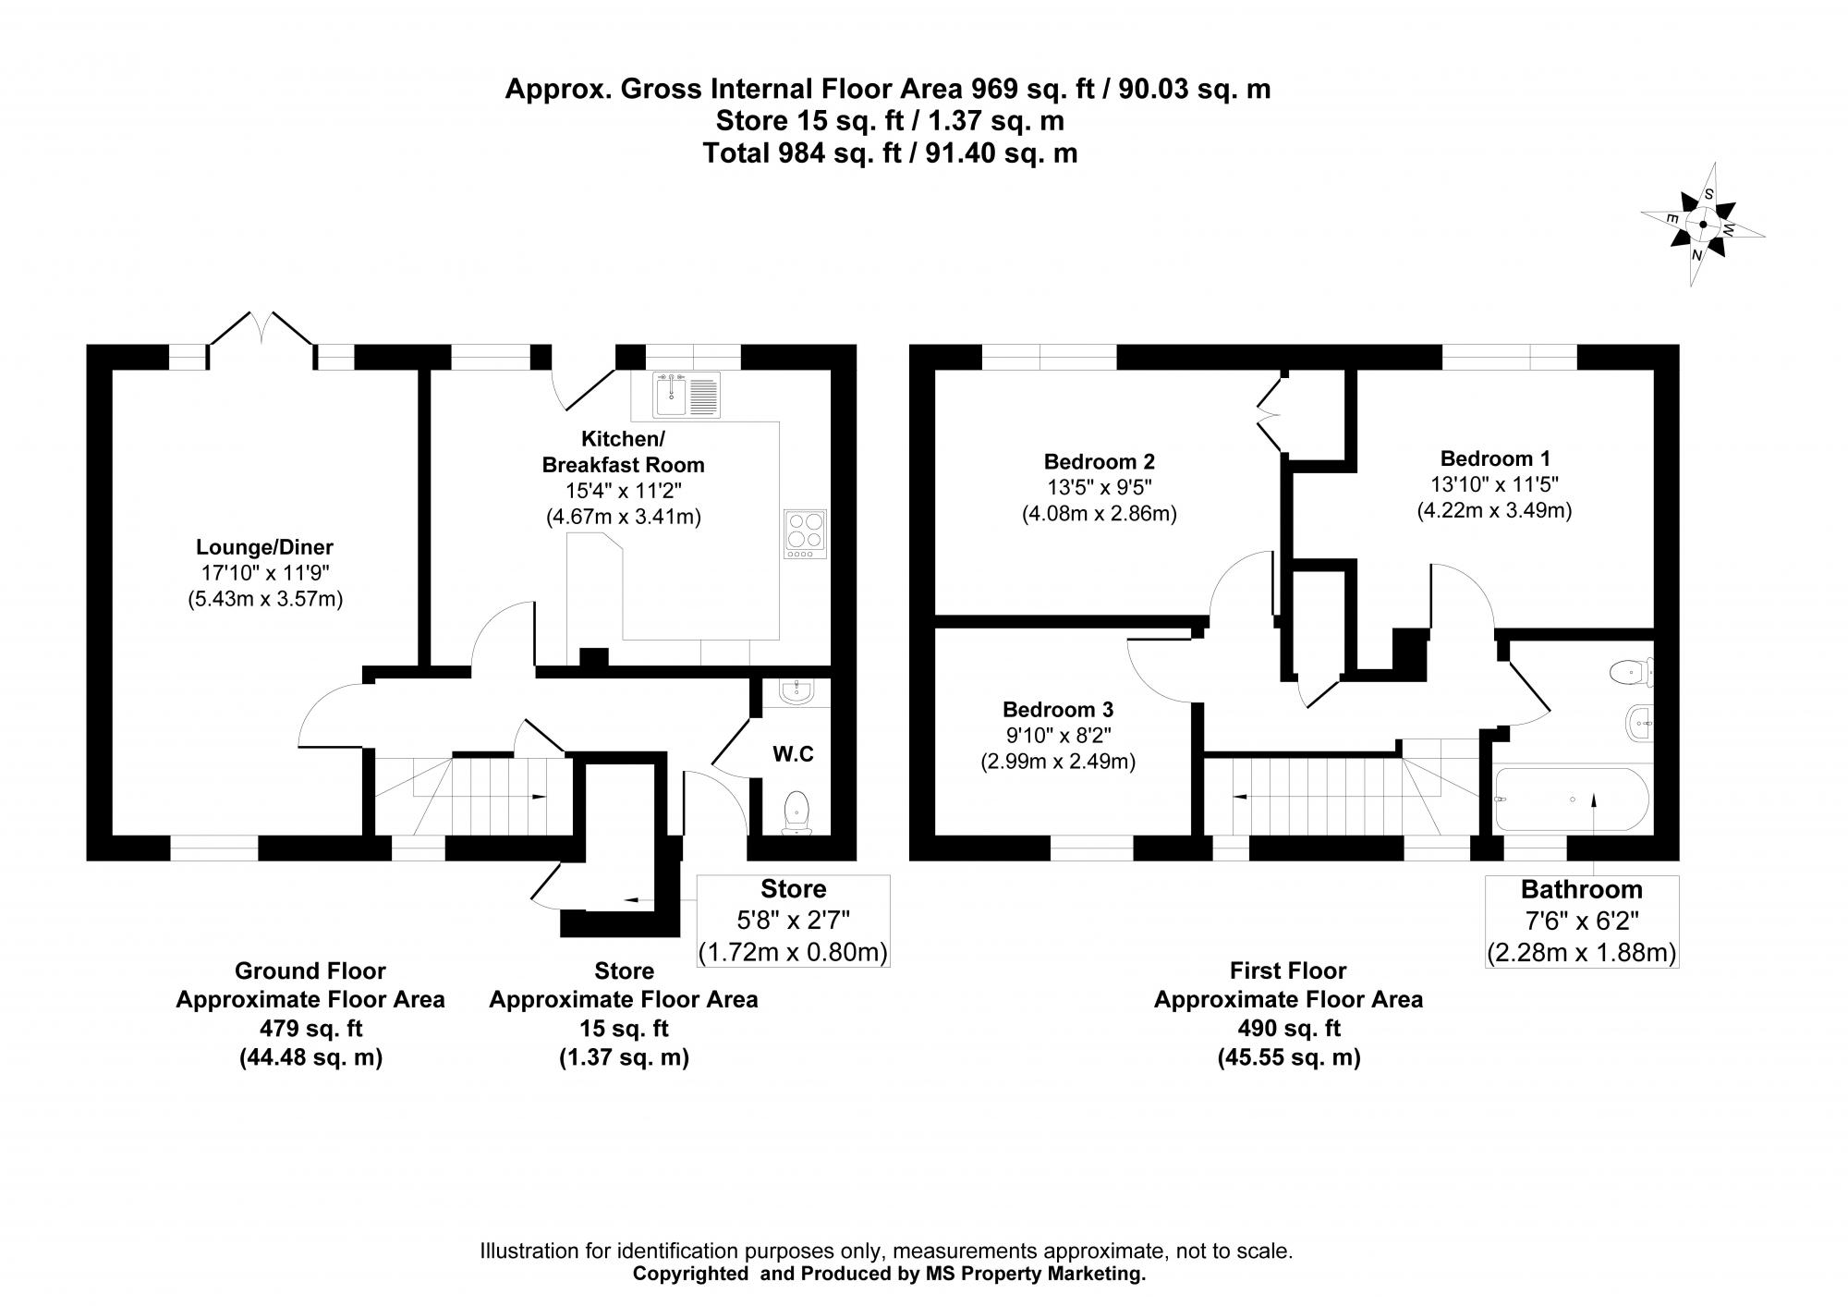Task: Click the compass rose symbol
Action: [x=1702, y=224]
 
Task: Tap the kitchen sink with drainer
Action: [x=686, y=395]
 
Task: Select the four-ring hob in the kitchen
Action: [x=804, y=533]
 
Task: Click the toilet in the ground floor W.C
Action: [x=796, y=812]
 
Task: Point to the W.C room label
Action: [x=793, y=754]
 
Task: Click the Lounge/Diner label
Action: [x=264, y=547]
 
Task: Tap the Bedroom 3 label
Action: [x=1058, y=710]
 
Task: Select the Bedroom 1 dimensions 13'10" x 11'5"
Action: [x=1494, y=484]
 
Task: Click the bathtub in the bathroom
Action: [x=1572, y=799]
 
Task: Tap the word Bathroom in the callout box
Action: [x=1581, y=890]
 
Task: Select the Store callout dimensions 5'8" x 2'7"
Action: [x=793, y=921]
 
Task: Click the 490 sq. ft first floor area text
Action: [x=1288, y=1029]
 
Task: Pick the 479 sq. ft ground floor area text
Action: [x=310, y=1029]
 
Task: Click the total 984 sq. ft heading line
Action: [x=890, y=153]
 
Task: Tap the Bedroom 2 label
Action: [x=1099, y=461]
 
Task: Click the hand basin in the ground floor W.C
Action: [x=796, y=691]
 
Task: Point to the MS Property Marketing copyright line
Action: [x=888, y=1274]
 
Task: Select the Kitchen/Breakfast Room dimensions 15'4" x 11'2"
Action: [x=624, y=491]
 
